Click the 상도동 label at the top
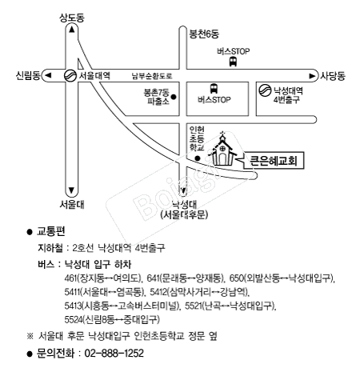click(72, 18)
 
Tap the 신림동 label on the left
click(28, 75)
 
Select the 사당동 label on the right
click(333, 76)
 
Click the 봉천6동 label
click(204, 34)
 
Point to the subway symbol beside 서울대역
click(70, 75)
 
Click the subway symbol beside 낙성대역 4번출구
click(265, 90)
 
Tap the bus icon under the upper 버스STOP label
click(233, 62)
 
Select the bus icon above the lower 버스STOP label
click(214, 89)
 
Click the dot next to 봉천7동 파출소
click(174, 97)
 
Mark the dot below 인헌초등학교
click(198, 158)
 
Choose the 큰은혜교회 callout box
click(274, 161)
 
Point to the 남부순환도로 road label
click(152, 76)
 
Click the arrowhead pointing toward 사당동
click(312, 76)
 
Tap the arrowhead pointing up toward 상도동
click(71, 30)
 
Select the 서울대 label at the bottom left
click(72, 205)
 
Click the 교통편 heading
click(50, 231)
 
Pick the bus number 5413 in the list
click(73, 306)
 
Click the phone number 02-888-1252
click(114, 353)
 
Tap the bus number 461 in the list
click(70, 278)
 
